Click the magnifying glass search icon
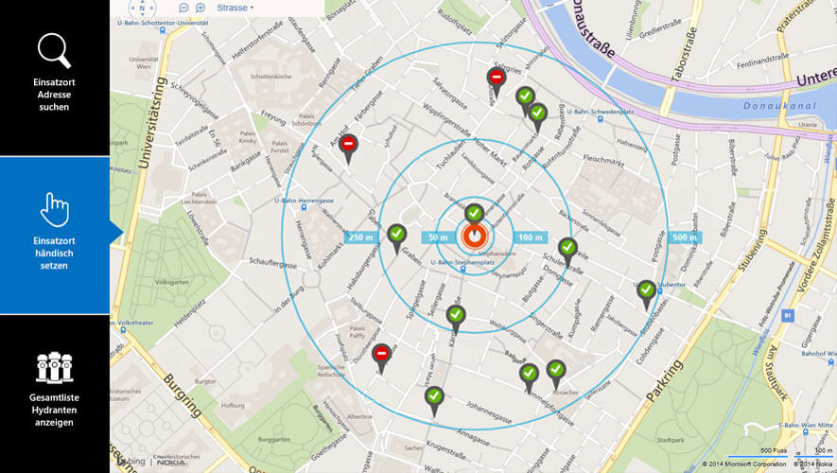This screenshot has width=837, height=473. pyautogui.click(x=54, y=50)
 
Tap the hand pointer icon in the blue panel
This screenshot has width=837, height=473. pyautogui.click(x=54, y=209)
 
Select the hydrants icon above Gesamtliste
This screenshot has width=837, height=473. pyautogui.click(x=54, y=367)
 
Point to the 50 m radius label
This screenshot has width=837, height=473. pyautogui.click(x=438, y=236)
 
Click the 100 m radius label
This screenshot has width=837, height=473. pyautogui.click(x=532, y=236)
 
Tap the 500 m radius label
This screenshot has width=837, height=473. pyautogui.click(x=685, y=236)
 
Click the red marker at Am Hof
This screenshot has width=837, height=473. pyautogui.click(x=349, y=145)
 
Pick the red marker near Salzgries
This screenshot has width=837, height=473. pyautogui.click(x=496, y=79)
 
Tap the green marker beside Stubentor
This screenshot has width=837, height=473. pyautogui.click(x=646, y=290)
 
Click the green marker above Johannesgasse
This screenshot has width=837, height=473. pyautogui.click(x=434, y=396)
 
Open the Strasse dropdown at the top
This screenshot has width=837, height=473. pyautogui.click(x=235, y=8)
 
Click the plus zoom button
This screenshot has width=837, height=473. pyautogui.click(x=200, y=8)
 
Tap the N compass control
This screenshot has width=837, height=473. pyautogui.click(x=143, y=8)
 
